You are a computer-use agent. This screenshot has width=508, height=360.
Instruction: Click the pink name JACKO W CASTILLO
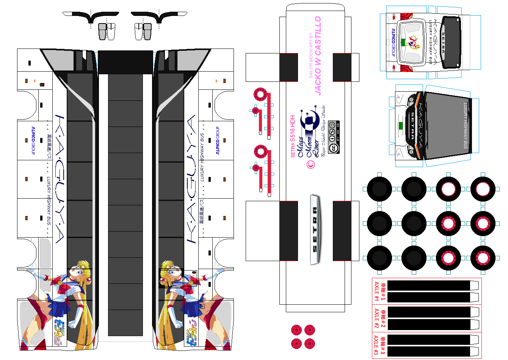click(318, 55)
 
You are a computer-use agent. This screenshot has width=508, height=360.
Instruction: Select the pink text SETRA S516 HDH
click(293, 136)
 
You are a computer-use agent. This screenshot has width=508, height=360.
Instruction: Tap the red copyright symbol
click(311, 164)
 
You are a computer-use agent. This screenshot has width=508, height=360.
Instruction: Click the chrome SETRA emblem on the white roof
click(315, 229)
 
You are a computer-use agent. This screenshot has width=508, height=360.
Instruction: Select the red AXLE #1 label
click(376, 291)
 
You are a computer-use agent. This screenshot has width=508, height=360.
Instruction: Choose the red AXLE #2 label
click(376, 318)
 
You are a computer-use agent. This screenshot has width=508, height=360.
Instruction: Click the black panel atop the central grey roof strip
click(125, 62)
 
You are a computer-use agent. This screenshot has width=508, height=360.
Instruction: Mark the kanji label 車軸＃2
click(383, 318)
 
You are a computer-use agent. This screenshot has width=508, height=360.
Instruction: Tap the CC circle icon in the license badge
click(333, 148)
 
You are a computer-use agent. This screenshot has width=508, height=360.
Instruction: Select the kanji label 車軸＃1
click(383, 291)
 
